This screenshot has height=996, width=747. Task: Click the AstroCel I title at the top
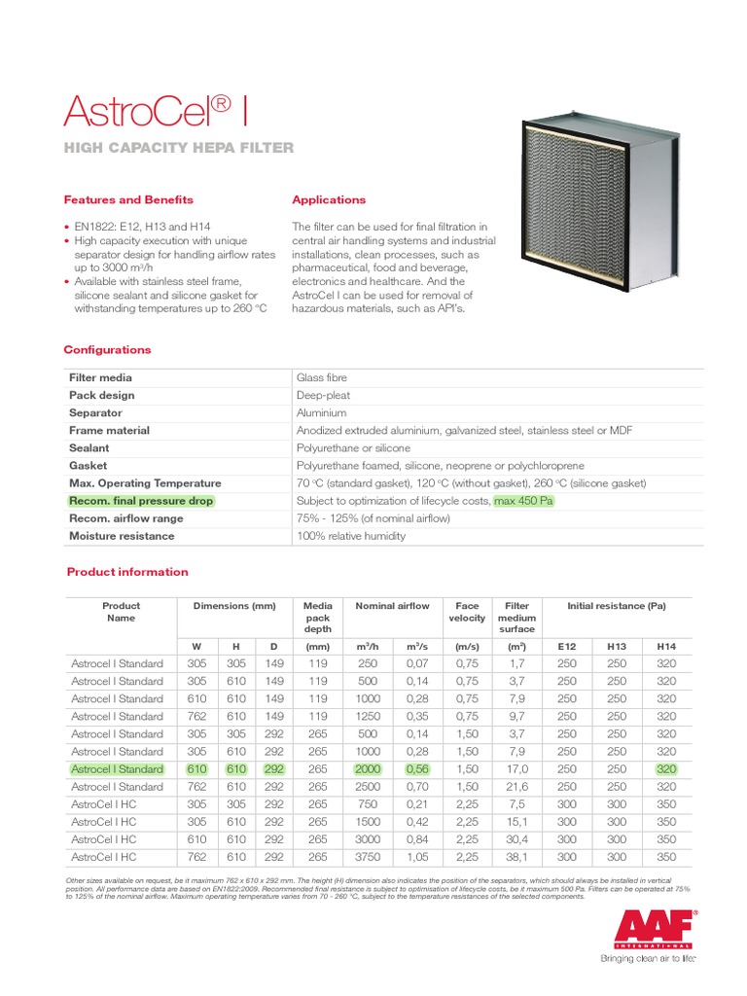point(156,111)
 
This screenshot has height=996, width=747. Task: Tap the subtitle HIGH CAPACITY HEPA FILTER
point(178,148)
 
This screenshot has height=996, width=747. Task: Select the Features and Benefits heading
point(128,199)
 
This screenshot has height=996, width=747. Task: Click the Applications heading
point(329,199)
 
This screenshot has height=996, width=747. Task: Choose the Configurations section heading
point(107,349)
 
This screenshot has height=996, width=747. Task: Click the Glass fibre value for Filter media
point(321,377)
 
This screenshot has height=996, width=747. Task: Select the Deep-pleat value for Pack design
point(323,396)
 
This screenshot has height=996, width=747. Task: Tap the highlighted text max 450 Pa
point(523,501)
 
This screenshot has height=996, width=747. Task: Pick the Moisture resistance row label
point(122,536)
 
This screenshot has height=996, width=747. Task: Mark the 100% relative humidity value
point(350,536)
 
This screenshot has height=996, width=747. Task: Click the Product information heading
point(127,572)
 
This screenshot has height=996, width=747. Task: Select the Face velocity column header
point(467,612)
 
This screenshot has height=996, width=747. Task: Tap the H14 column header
point(666,646)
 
